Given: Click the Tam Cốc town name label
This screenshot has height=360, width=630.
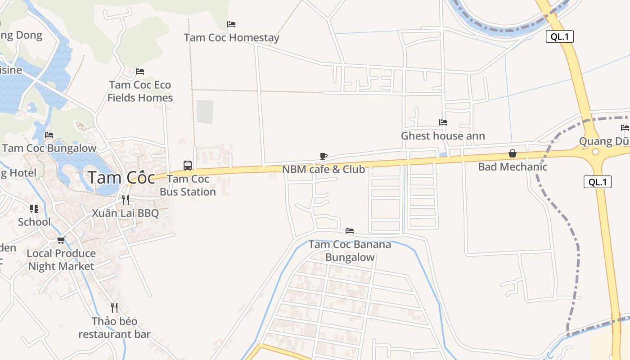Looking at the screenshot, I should tap(121, 177).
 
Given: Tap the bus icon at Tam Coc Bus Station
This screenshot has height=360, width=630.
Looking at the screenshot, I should tap(188, 165).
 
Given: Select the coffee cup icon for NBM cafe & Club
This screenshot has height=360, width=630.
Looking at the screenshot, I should tap(323, 156).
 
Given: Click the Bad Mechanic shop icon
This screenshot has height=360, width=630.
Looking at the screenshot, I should tap(512, 154).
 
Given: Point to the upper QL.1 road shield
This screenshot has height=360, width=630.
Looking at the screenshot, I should tap(560, 37).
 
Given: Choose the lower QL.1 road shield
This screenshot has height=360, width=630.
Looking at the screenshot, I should tap(598, 182).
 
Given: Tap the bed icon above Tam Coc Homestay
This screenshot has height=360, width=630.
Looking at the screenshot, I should tap(231, 24).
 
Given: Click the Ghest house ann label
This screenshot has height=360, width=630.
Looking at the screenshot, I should tap(443, 136).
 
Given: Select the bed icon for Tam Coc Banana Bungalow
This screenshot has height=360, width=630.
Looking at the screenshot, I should tap(350, 231).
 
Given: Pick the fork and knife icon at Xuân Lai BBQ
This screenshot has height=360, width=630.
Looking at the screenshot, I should tap(125, 199).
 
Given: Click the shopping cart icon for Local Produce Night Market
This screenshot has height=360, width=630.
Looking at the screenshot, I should tap(61, 240).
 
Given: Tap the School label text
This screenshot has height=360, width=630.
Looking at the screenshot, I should tap(34, 222).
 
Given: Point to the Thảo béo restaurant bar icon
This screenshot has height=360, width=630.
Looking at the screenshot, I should tap(114, 308).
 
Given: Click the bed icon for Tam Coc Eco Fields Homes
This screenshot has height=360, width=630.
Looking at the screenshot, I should tap(140, 72).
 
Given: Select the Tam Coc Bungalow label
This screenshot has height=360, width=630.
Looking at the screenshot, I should tap(49, 148).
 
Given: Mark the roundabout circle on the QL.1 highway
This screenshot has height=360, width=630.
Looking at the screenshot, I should tap(595, 152).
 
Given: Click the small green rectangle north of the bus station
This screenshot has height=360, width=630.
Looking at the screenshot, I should tap(205, 112).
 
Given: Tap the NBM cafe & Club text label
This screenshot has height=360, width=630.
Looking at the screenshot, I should tap(323, 170).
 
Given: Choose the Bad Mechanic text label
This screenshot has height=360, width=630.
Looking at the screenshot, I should tap(513, 167).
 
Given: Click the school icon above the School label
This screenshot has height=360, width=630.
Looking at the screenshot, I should tap(34, 209).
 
